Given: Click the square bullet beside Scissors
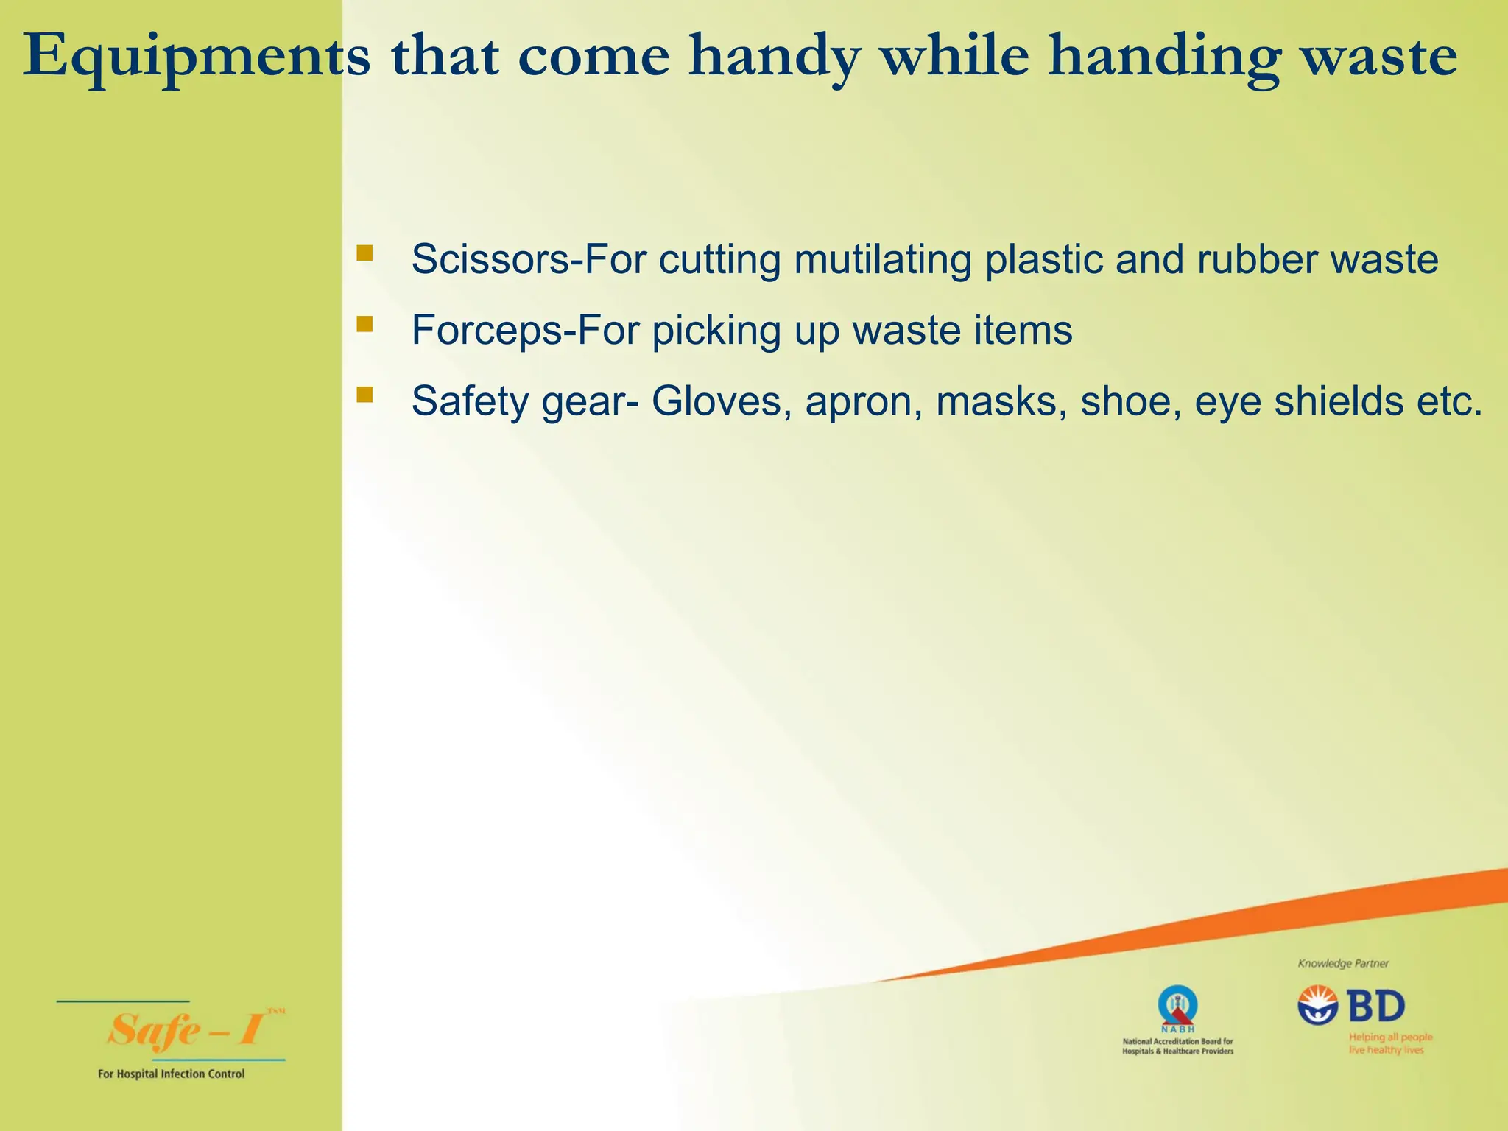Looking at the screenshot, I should pyautogui.click(x=364, y=254).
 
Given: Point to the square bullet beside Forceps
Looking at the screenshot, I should pyautogui.click(x=364, y=325).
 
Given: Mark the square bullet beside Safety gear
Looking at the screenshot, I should pyautogui.click(x=364, y=395).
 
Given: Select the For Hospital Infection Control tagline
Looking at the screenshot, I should pyautogui.click(x=171, y=1074).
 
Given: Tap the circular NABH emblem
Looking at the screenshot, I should pyautogui.click(x=1177, y=1006).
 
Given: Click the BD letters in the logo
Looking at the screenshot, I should pyautogui.click(x=1376, y=1006).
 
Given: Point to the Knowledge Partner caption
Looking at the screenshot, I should pyautogui.click(x=1343, y=963).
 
